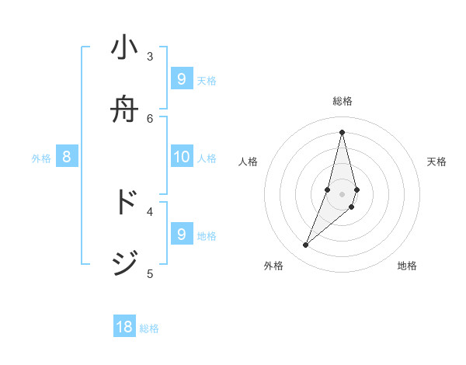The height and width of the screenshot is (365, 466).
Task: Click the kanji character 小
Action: point(124,48)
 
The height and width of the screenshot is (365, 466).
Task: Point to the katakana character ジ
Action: point(124,264)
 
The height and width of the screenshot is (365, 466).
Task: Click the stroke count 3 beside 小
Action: point(150,56)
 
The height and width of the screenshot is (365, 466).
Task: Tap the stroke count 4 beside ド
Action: point(150,210)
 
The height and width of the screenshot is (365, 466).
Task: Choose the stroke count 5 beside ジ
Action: point(150,273)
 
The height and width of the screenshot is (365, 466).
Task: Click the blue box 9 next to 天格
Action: point(181,78)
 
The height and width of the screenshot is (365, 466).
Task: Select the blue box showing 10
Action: point(181,157)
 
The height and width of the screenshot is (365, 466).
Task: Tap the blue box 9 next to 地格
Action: point(181,234)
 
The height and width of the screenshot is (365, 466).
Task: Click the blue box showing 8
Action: point(67,157)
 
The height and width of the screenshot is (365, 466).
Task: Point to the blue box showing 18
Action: point(124,327)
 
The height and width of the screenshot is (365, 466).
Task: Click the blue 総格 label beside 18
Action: point(149,328)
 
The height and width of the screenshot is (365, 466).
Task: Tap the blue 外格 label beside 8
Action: point(41,158)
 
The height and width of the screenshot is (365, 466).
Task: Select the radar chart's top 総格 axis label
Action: point(343,101)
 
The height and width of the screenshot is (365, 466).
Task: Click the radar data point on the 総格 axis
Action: point(342,131)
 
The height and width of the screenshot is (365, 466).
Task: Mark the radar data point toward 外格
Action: point(306,245)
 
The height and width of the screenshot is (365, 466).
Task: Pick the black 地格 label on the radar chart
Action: point(407,266)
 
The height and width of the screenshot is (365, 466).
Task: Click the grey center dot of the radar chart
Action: point(342,194)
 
